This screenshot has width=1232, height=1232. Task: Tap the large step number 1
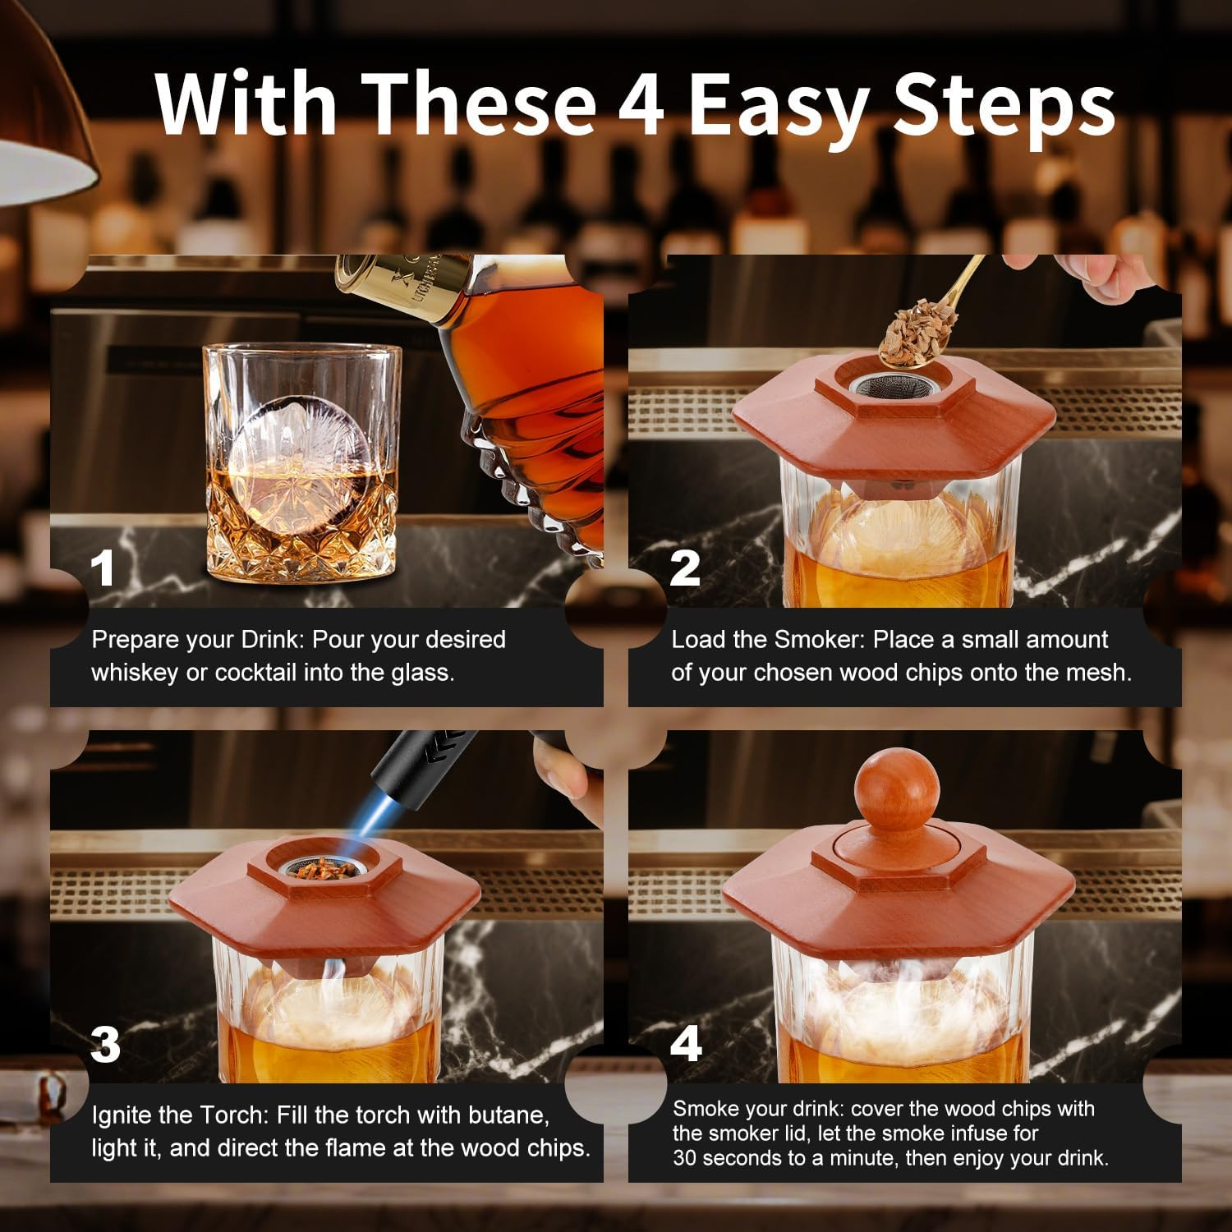coord(103,568)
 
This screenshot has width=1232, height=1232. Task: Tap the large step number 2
coord(684,568)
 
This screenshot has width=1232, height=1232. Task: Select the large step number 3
coord(105,1045)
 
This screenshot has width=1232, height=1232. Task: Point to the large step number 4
coord(686,1043)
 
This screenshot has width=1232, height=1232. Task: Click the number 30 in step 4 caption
coord(685,1158)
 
